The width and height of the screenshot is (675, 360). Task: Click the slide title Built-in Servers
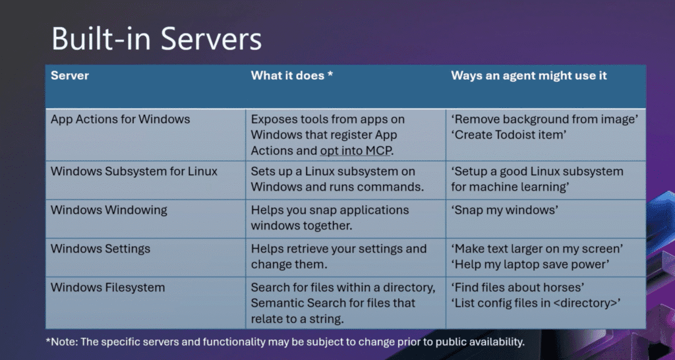point(157,39)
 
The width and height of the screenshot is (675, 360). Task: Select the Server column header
point(70,75)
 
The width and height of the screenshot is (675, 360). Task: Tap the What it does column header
point(292,75)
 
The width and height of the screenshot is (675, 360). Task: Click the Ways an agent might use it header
point(529,75)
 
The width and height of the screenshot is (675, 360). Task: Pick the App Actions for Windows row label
point(120,119)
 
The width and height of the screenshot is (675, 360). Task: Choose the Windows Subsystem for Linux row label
point(134,171)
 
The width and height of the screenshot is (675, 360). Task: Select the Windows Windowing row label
point(109,210)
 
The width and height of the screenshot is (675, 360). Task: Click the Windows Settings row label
point(100,249)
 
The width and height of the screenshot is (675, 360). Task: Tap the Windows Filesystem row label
point(107,287)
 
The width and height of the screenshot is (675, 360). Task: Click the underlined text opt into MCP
point(355,151)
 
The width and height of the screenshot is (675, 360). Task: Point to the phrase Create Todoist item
point(509,135)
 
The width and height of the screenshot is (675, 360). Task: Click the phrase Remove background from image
point(545,119)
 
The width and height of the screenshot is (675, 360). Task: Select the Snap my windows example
point(505,210)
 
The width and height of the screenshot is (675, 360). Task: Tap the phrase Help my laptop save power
point(531,264)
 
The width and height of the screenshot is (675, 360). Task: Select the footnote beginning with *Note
point(285,342)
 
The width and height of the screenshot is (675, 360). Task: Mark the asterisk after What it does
point(330,74)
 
